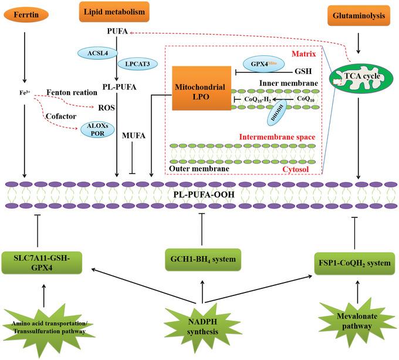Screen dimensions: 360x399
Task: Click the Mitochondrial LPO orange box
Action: click(x=199, y=89)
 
